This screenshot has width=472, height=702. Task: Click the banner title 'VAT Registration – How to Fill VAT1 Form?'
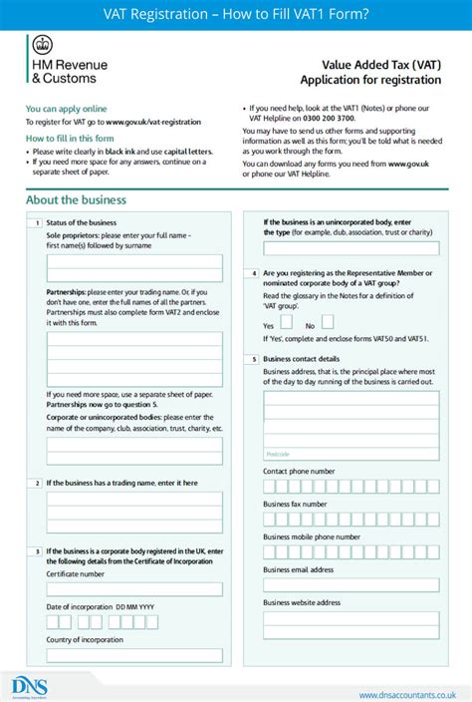pos(235,13)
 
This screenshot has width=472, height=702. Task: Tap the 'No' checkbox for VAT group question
pos(327,322)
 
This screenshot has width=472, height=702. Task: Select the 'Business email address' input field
pos(351,585)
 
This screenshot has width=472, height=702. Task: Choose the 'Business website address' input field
pos(351,618)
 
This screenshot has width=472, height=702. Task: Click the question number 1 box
pos(36,222)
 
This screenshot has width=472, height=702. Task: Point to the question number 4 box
pos(254,273)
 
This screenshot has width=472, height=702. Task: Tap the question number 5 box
pos(254,358)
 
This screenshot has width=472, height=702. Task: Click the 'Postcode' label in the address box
pos(278,453)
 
